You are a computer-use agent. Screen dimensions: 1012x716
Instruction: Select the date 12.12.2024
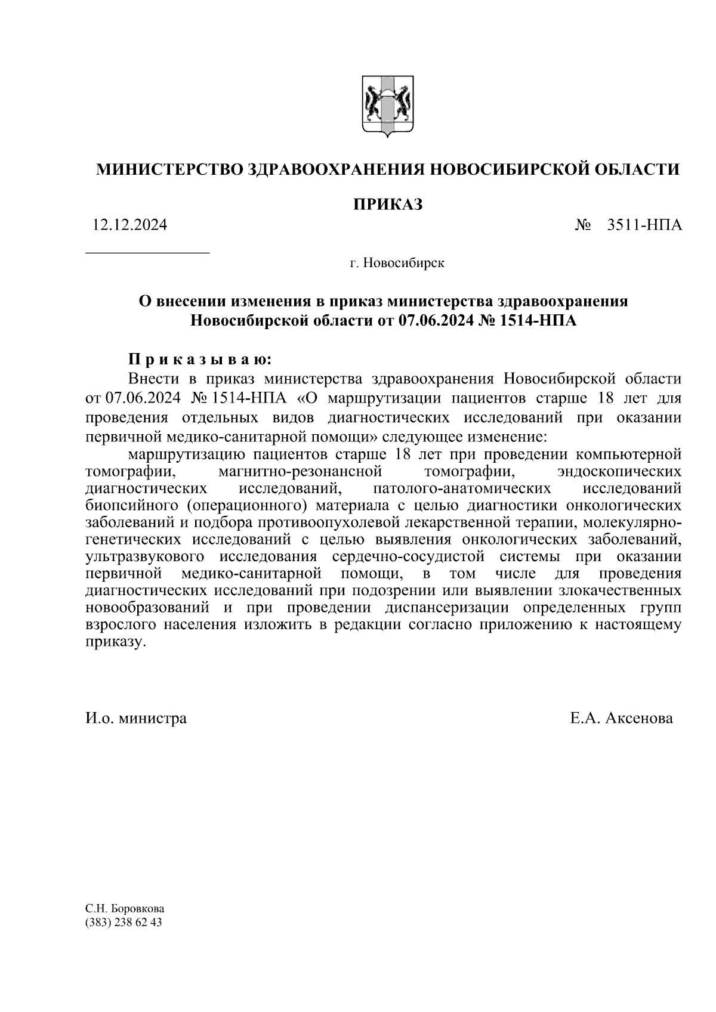point(129,225)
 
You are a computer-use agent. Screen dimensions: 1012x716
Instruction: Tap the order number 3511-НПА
point(644,225)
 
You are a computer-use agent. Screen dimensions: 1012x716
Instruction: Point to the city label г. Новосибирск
point(397,262)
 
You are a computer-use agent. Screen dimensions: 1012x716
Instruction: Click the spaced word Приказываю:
point(200,360)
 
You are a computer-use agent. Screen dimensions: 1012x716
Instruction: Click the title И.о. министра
point(136,718)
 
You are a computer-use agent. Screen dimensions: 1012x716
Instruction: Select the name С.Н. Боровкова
point(125,909)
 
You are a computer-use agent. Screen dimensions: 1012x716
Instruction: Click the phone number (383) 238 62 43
point(124,923)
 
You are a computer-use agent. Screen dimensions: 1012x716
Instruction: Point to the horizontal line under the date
point(148,253)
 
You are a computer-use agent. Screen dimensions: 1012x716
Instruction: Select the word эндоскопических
point(619,472)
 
